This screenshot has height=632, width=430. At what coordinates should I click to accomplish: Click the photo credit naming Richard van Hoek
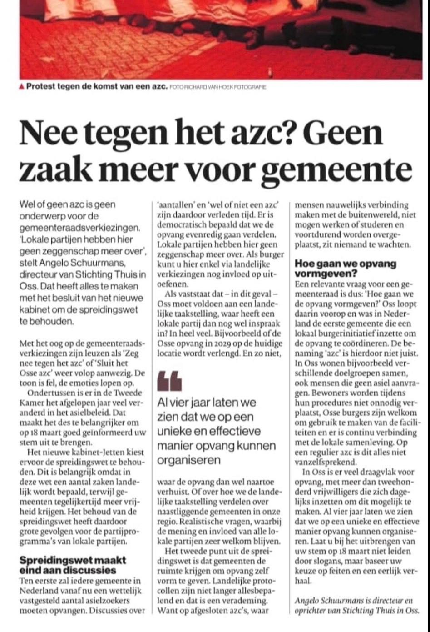click(217, 87)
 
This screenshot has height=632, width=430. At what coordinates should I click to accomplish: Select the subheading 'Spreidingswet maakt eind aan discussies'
click(73, 565)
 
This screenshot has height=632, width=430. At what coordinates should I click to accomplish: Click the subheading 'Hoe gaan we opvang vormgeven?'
click(345, 269)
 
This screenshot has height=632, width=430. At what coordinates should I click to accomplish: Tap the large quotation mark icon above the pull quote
click(169, 380)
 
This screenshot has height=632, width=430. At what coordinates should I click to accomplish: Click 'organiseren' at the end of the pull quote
click(189, 460)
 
